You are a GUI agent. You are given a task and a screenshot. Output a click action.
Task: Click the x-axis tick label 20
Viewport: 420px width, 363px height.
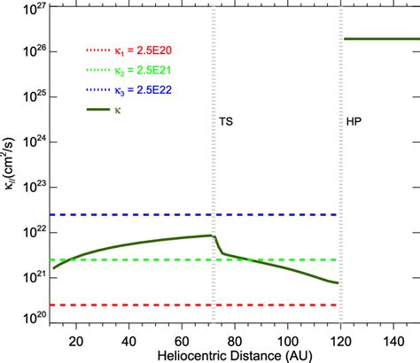(x=75, y=341)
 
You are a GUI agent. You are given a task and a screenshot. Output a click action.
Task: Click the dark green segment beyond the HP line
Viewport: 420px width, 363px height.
(x=381, y=39)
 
